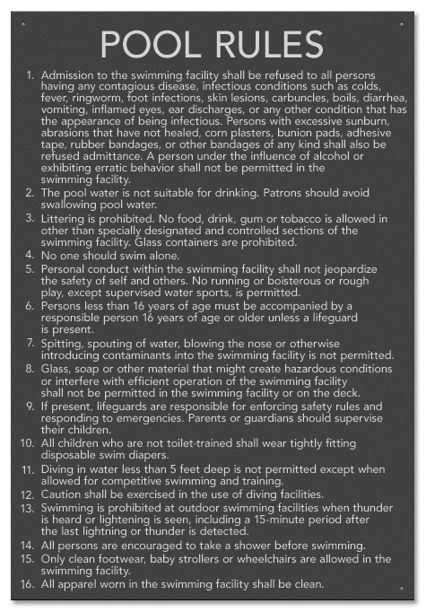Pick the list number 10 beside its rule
[26, 443]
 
